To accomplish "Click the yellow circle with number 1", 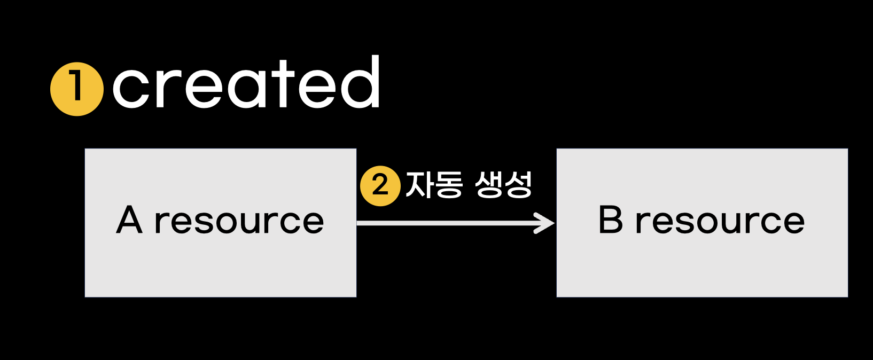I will pos(77,89).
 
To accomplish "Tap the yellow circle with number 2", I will pos(380,186).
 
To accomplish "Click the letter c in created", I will pos(131,89).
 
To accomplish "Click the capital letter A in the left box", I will pos(130,220).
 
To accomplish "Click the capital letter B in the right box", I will pos(611,220).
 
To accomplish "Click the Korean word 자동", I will pos(434,185).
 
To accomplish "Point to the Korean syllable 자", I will pos(420,185).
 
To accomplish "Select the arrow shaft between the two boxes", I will pos(449,223).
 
